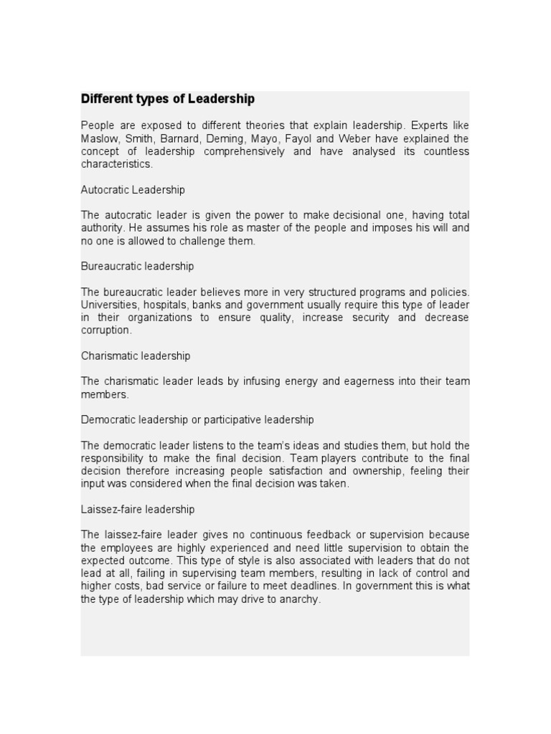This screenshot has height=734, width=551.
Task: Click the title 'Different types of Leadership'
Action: point(167,99)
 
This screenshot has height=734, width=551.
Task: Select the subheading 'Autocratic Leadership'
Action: point(133,190)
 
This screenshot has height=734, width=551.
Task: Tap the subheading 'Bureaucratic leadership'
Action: point(137,266)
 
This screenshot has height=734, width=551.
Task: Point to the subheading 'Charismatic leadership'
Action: point(136,356)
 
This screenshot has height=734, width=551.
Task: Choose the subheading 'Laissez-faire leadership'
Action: point(138,510)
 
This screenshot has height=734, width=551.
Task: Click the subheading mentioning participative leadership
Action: point(197,419)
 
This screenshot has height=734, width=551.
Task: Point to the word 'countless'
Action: point(447,151)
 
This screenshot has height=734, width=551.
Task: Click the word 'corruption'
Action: point(105,330)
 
